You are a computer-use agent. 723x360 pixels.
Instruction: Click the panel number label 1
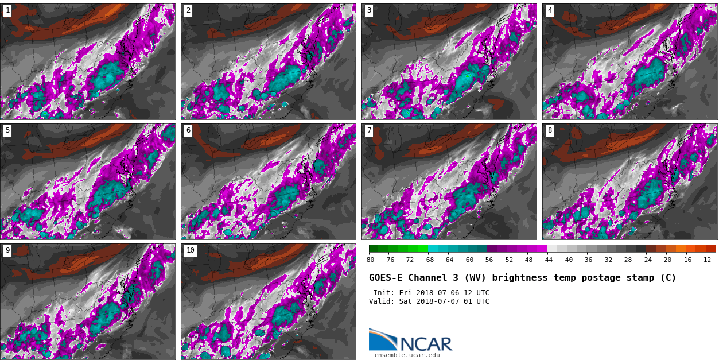point(7,10)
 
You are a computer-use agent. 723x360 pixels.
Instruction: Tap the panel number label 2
point(188,10)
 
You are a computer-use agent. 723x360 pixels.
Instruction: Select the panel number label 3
point(369,10)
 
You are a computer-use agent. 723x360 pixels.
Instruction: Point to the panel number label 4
point(550,10)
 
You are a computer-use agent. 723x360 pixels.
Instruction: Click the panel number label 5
point(7,130)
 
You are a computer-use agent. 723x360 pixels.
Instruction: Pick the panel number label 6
point(188,130)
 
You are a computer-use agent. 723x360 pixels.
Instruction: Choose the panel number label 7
point(369,130)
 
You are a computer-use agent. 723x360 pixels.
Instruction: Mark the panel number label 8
point(550,130)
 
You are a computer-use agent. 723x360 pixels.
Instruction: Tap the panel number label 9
point(7,250)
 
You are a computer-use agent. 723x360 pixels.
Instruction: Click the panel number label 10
point(190,250)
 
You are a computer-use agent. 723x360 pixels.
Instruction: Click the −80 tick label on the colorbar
point(369,260)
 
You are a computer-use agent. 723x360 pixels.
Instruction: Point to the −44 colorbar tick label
point(547,260)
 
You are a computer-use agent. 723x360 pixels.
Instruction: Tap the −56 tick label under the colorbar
point(488,260)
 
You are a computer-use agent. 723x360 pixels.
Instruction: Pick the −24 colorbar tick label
point(646,260)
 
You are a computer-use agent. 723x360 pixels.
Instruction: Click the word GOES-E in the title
point(386,278)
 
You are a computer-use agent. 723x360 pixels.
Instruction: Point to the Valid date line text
point(429,301)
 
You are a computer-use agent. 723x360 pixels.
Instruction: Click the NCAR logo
point(410,340)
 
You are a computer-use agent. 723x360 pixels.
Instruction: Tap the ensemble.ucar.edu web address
point(407,355)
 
